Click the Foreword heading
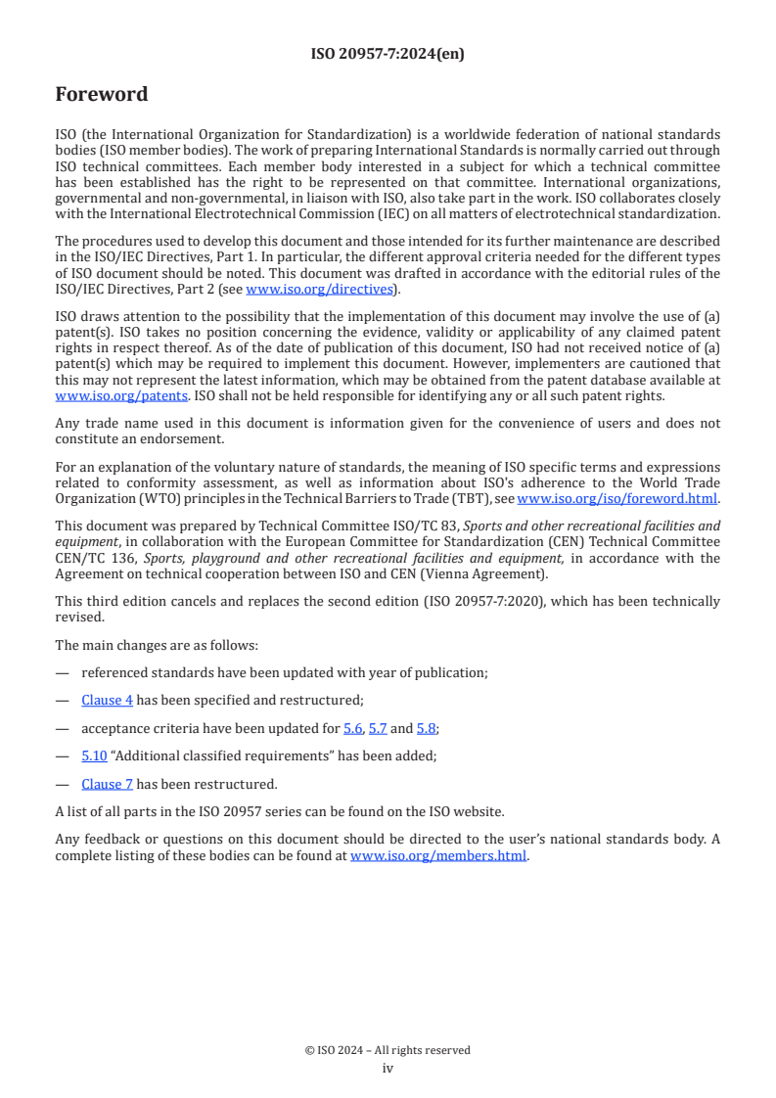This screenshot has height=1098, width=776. click(102, 95)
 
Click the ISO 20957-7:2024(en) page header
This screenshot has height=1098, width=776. click(388, 55)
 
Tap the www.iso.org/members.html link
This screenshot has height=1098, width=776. click(438, 854)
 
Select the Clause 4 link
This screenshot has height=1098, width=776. click(108, 700)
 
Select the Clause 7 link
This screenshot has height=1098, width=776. click(108, 784)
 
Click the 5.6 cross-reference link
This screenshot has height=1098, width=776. click(353, 728)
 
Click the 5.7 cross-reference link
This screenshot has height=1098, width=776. click(378, 728)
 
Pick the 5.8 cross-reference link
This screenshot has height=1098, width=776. click(427, 728)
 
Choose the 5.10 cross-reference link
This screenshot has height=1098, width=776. click(94, 755)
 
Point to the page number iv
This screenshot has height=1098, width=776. click(388, 1069)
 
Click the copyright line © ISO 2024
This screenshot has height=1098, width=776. click(388, 1050)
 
